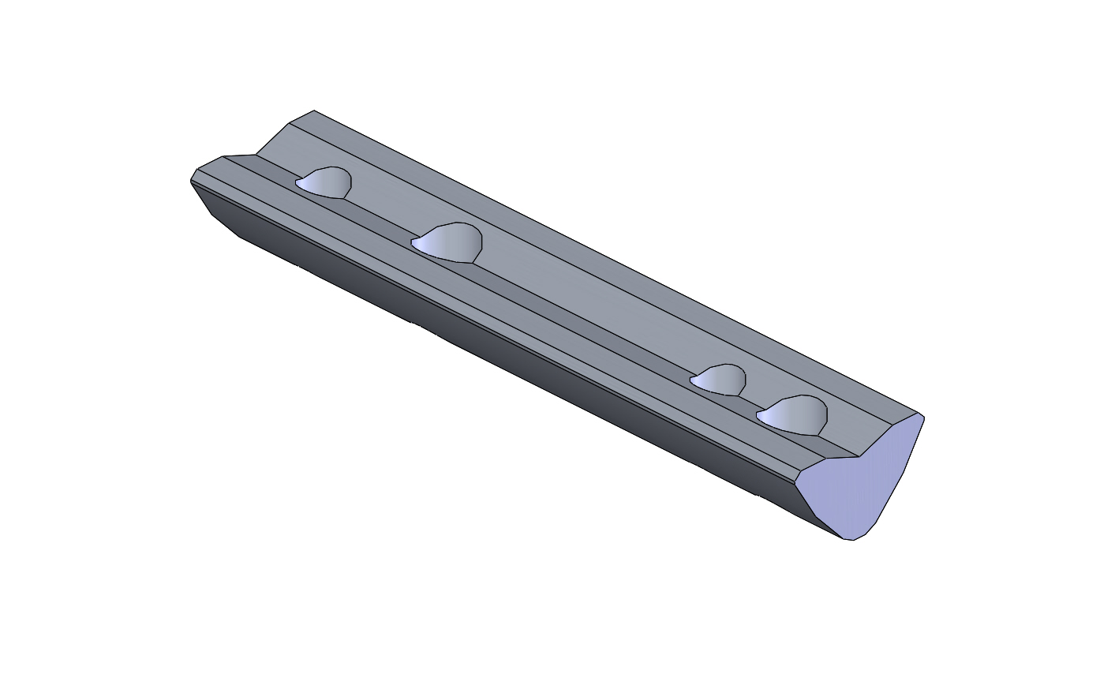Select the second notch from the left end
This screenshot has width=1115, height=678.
coord(450,242)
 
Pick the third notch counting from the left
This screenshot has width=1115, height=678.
coord(720,380)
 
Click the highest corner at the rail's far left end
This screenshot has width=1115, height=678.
coord(313,111)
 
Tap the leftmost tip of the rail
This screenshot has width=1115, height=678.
coord(191,182)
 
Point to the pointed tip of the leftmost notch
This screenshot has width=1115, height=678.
coord(297,184)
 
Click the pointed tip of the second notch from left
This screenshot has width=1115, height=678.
coord(413,242)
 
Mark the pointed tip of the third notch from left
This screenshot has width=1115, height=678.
coord(691,381)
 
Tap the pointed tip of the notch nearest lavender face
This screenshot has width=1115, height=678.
coord(758,415)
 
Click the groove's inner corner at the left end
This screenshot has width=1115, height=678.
coord(256,155)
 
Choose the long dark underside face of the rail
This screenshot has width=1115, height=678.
coord(513,355)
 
